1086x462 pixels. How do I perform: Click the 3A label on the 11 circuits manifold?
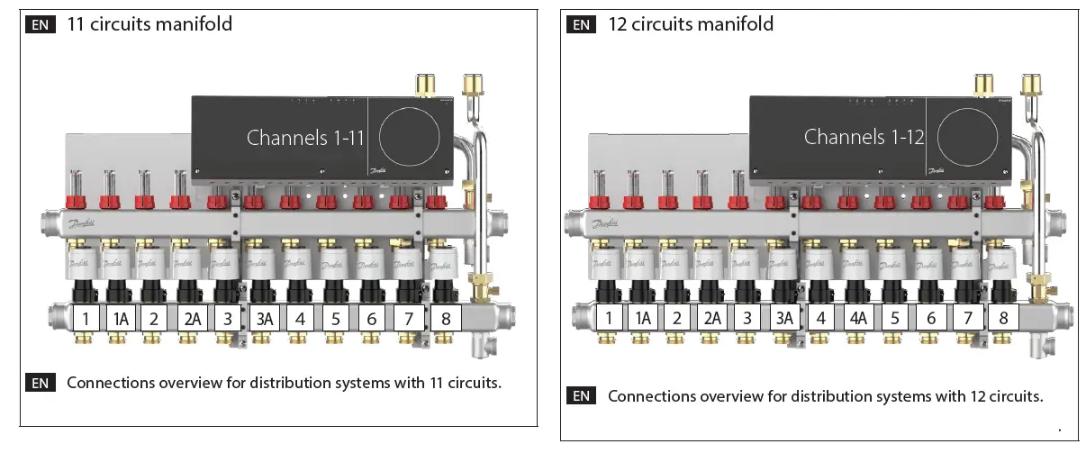point(266,319)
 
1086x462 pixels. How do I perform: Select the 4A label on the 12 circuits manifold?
point(857,318)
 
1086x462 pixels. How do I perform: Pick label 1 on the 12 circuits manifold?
point(610,318)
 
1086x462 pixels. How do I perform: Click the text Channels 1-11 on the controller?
point(305,138)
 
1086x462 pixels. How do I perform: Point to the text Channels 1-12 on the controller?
point(864,137)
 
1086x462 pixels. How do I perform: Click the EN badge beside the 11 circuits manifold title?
point(41,24)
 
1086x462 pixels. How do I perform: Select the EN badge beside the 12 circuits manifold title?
point(582,24)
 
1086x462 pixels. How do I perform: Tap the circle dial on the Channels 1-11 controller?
point(410,138)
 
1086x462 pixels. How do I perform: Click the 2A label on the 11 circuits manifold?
point(192,319)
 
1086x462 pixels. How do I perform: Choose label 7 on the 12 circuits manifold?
point(968,318)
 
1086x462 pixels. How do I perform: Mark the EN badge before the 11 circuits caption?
point(41,383)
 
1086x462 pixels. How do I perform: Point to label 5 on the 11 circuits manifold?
point(336,319)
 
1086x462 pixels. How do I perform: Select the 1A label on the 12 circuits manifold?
point(643,318)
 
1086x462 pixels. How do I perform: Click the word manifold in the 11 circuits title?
point(193,23)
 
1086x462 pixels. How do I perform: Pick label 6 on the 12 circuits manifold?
point(931,318)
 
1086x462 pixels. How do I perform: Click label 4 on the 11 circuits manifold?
point(300,319)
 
